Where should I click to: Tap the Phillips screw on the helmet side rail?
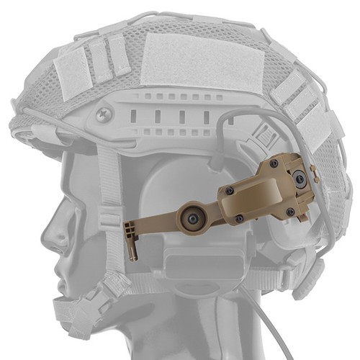pos(104,114)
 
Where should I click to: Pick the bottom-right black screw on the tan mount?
pos(290,212)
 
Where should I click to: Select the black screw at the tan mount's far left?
pos(230,191)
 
